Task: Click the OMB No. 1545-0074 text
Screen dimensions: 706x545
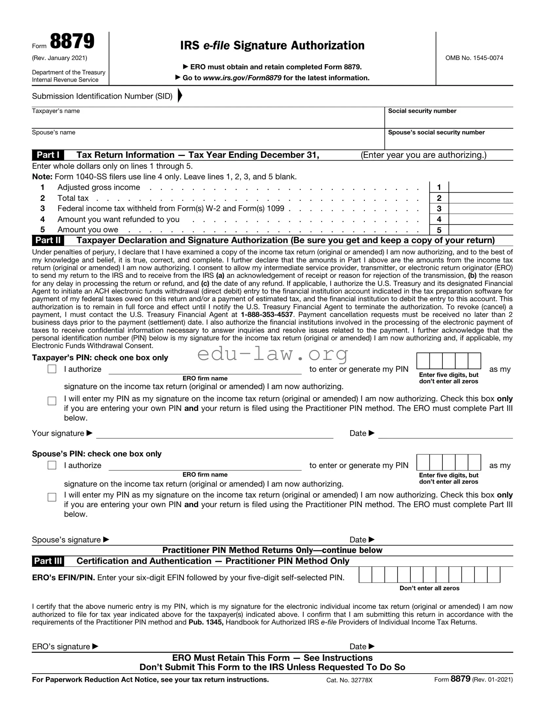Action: [474, 58]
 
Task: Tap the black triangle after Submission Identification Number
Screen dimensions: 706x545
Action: [180, 96]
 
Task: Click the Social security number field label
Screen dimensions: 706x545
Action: [422, 111]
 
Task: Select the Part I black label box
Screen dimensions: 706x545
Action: [48, 155]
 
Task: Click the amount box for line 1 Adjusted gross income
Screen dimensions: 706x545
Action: [480, 187]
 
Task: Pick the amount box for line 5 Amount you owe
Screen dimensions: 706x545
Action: [480, 230]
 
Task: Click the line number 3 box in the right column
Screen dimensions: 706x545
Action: [439, 209]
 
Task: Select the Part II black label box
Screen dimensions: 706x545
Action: [48, 240]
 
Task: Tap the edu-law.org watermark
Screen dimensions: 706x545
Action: [273, 354]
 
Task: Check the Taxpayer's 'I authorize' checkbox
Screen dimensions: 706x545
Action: [52, 369]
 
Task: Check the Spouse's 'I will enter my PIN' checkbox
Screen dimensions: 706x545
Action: [52, 497]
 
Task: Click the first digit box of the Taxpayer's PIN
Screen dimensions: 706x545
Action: [423, 361]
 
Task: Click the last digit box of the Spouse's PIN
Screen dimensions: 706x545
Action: [474, 462]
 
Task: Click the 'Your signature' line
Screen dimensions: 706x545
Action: [215, 434]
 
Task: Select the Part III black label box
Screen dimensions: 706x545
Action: [48, 561]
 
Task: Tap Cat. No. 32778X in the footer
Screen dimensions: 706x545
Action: [349, 680]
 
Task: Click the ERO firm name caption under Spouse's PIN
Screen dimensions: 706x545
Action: [205, 475]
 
